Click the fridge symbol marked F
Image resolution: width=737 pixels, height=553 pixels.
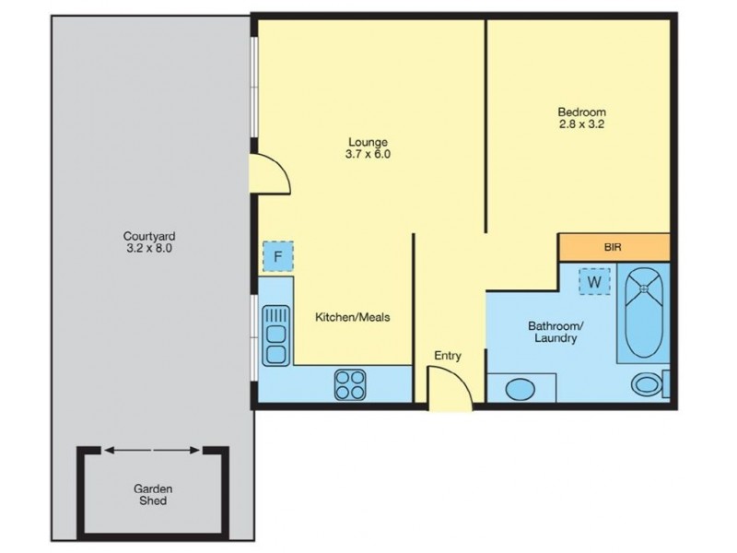pyautogui.click(x=276, y=256)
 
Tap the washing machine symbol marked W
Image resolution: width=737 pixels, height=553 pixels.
pyautogui.click(x=594, y=280)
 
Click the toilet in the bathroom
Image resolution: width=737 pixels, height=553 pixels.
pyautogui.click(x=646, y=384)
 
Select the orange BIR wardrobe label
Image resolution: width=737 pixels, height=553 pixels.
pyautogui.click(x=614, y=248)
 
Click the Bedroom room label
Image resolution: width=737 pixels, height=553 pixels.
pyautogui.click(x=581, y=113)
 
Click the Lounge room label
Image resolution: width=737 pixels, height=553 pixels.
pyautogui.click(x=368, y=142)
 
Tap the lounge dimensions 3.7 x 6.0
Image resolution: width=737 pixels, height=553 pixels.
pyautogui.click(x=368, y=155)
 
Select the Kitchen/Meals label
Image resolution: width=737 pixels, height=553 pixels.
pyautogui.click(x=353, y=317)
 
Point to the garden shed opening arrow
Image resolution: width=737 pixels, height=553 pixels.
pyautogui.click(x=152, y=451)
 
